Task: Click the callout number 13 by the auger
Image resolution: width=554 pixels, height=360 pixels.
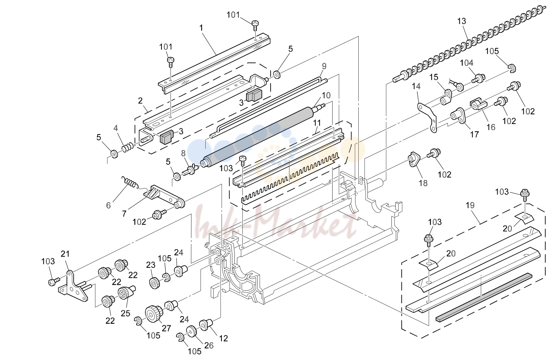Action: pyautogui.click(x=461, y=21)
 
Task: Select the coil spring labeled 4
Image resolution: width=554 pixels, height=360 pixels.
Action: pyautogui.click(x=128, y=147)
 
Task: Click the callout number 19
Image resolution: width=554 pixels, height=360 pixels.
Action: pyautogui.click(x=470, y=205)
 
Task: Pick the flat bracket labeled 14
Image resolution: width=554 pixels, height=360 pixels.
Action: pyautogui.click(x=427, y=118)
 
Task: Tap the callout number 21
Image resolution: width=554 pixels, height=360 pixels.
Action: pyautogui.click(x=65, y=254)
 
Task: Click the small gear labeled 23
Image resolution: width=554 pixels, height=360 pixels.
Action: pyautogui.click(x=155, y=283)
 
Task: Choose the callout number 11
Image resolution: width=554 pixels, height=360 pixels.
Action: pyautogui.click(x=317, y=123)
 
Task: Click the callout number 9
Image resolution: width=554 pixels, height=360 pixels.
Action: pyautogui.click(x=324, y=66)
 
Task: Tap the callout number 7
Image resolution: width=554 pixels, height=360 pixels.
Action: pyautogui.click(x=124, y=213)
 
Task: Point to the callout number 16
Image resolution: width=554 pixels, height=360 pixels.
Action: pyautogui.click(x=491, y=127)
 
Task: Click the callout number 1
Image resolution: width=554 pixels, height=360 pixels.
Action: pyautogui.click(x=201, y=28)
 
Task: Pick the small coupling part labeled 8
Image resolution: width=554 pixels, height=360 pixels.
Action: pyautogui.click(x=191, y=170)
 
